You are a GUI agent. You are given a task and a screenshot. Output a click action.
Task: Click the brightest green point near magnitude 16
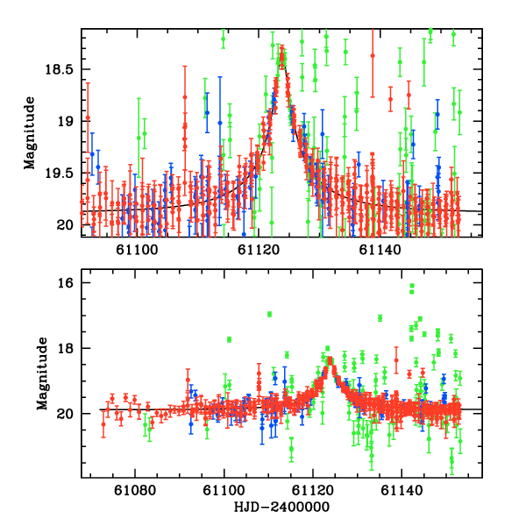(x=412, y=286)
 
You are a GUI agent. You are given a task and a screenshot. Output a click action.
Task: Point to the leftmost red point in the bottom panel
(x=103, y=424)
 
